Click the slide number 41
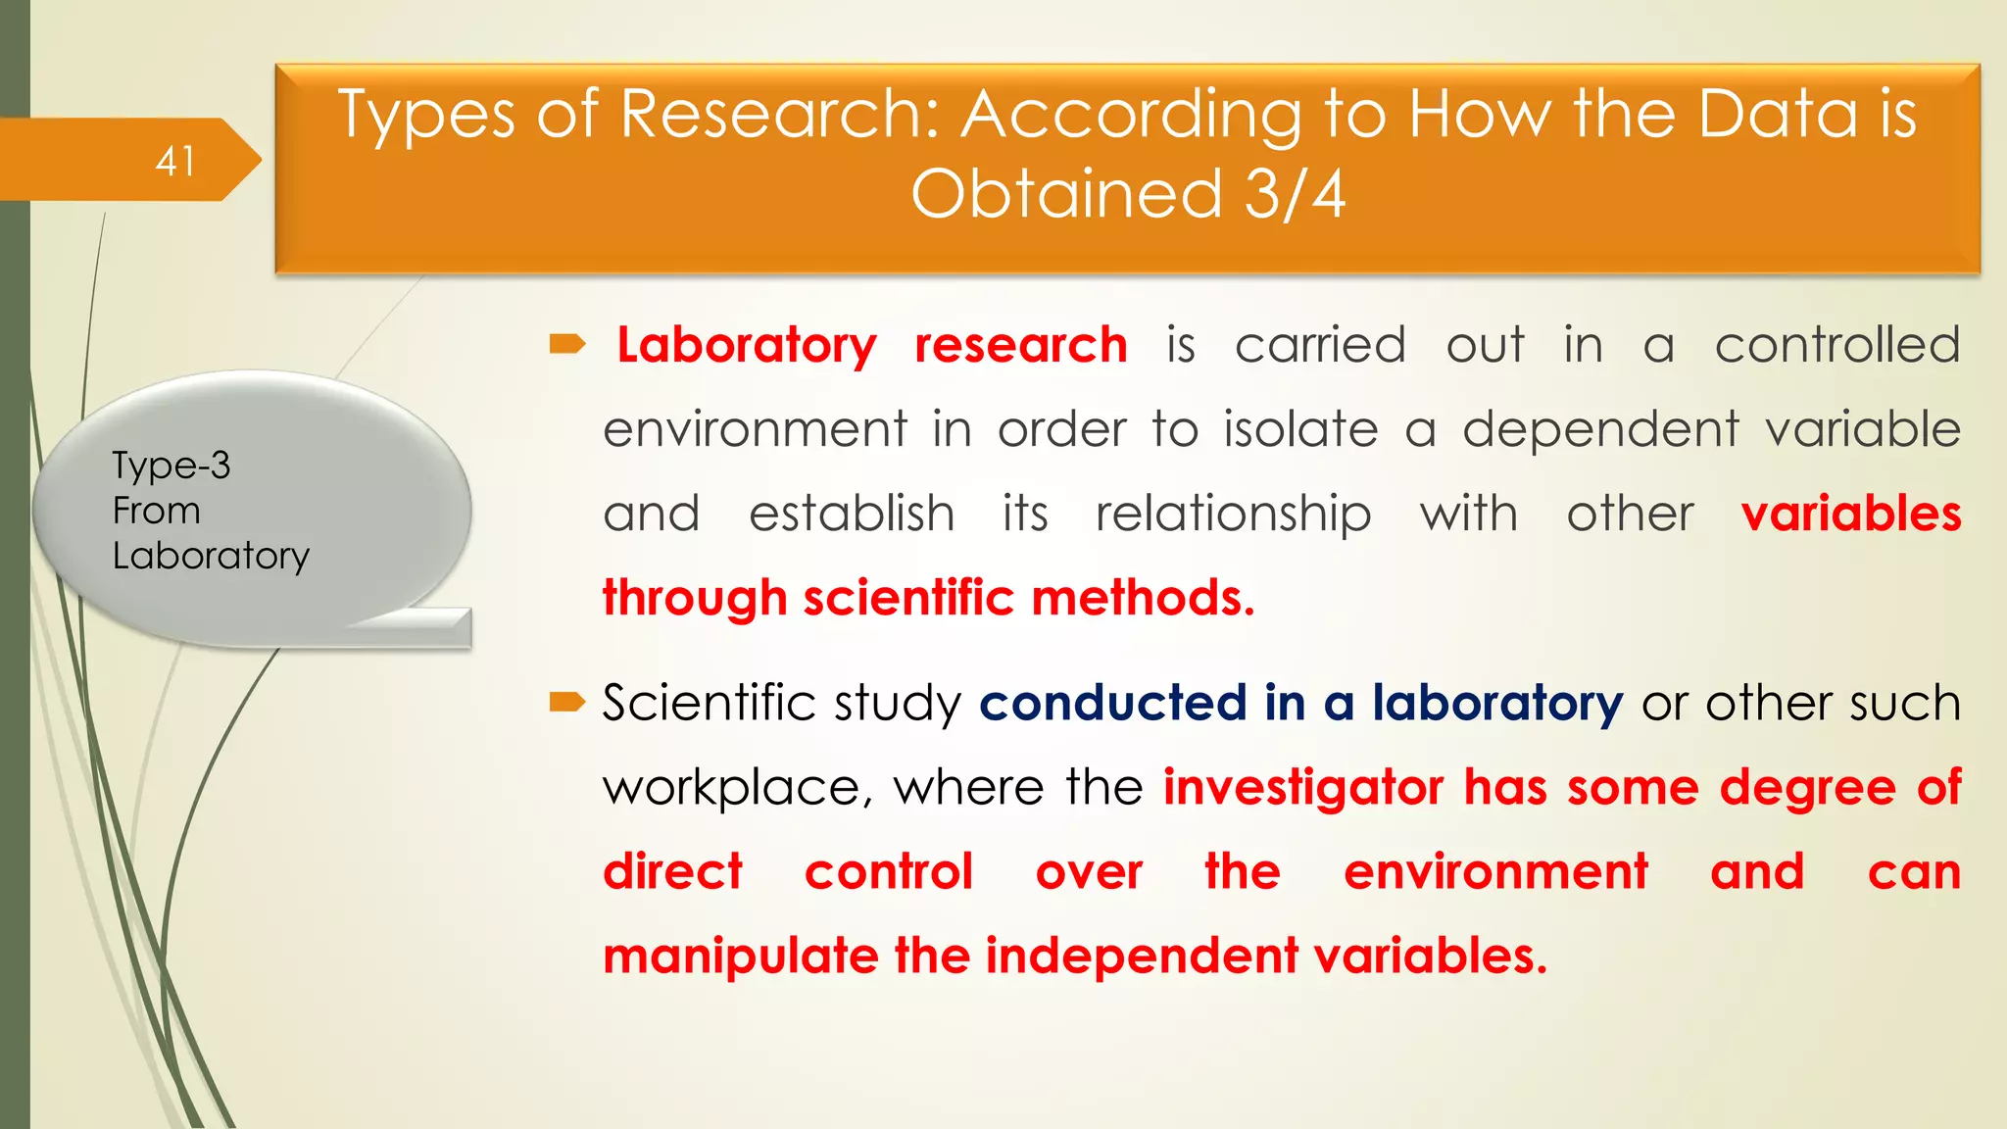175,162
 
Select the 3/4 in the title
1295,194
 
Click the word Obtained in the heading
1066,194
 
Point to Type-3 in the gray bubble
171,466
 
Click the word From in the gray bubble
156,511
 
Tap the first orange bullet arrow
567,344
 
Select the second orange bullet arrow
567,702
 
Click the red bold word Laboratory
747,346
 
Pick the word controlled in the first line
1837,346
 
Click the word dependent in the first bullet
1600,430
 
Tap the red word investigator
1303,788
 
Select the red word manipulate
741,957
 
